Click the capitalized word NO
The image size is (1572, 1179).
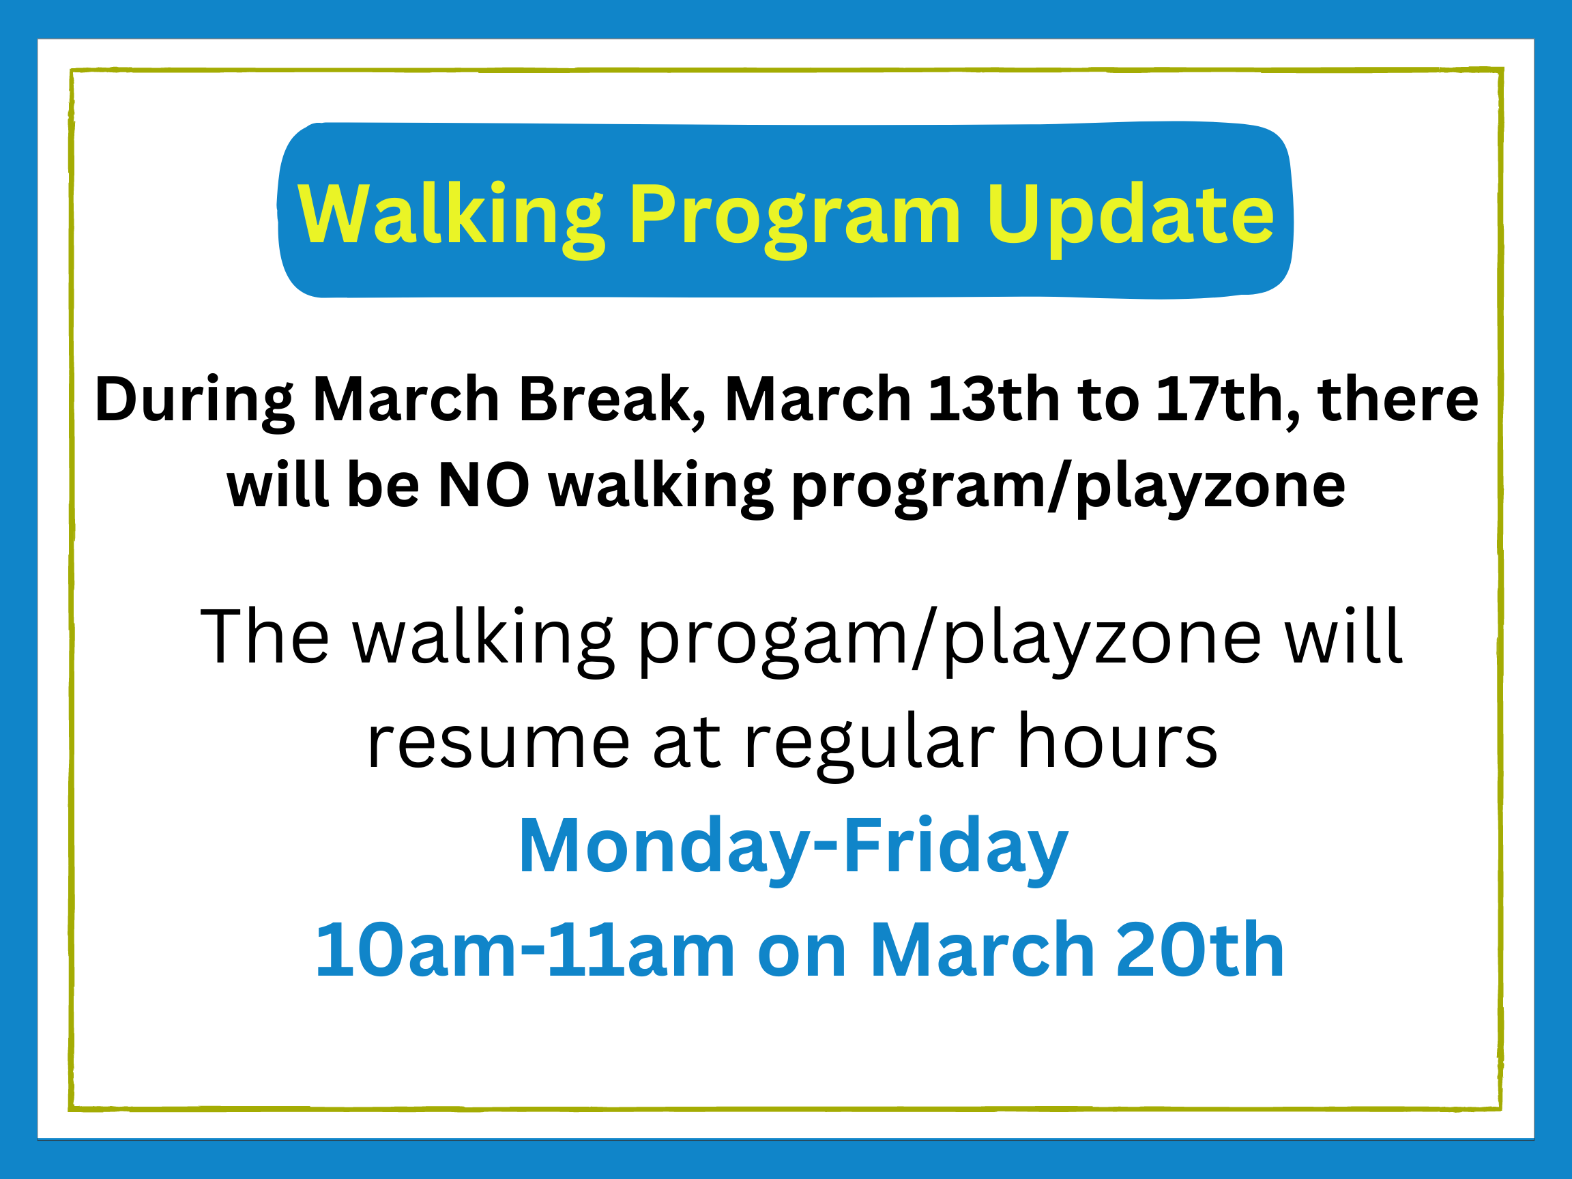(484, 486)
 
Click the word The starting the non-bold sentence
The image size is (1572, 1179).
(264, 637)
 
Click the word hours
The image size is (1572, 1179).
(1118, 740)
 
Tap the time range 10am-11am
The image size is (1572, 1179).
(525, 951)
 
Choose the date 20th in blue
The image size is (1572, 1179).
(1200, 951)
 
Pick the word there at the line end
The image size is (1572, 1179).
(1398, 399)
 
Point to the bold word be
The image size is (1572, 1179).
(383, 486)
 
